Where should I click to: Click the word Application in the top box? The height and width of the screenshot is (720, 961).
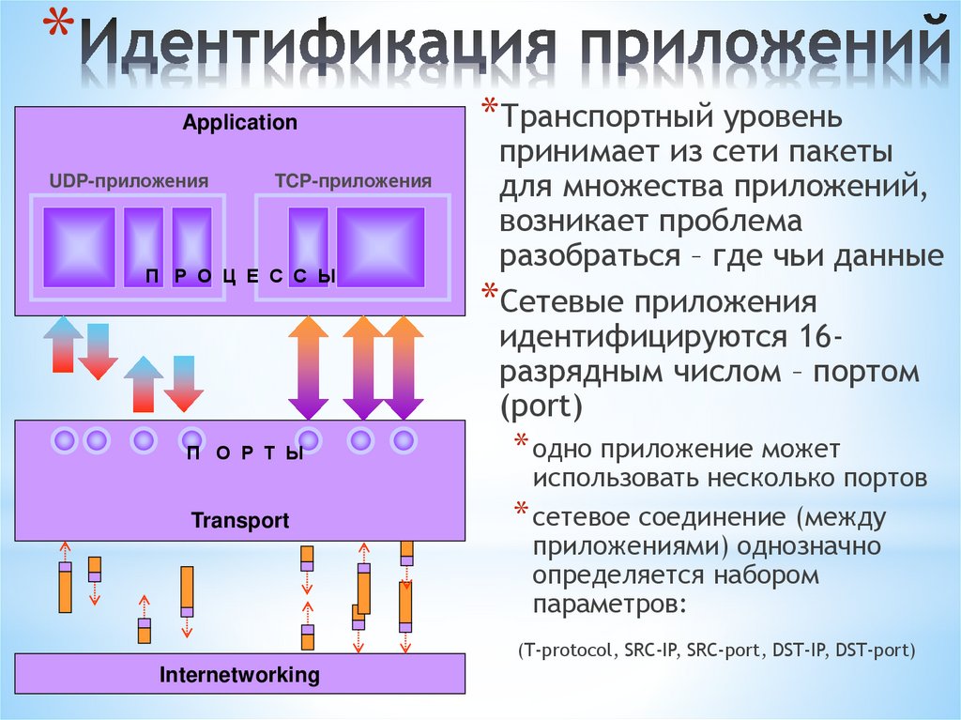(x=239, y=122)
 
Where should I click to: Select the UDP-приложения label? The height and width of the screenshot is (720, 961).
(x=129, y=180)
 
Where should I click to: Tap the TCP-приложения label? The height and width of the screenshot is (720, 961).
(x=353, y=180)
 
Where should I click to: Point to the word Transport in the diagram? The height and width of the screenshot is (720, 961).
(x=240, y=520)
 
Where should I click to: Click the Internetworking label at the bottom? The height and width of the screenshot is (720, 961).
(x=239, y=674)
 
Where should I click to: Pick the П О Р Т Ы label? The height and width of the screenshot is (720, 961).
(x=245, y=454)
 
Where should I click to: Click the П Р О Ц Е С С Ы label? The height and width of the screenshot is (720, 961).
(x=240, y=275)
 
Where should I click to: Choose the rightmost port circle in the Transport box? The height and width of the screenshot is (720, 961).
(x=403, y=438)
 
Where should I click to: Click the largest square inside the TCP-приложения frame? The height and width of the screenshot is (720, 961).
(x=380, y=247)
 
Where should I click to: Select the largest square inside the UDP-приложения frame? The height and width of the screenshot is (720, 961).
(x=80, y=247)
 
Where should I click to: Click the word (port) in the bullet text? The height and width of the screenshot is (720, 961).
(x=542, y=406)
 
